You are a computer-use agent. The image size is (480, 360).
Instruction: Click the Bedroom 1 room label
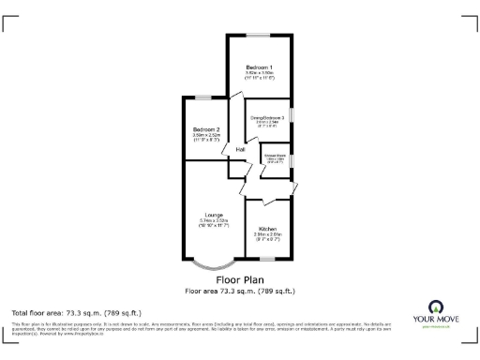pos(259,68)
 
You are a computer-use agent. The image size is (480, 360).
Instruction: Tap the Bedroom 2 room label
pos(206,128)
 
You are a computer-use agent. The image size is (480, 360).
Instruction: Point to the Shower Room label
pos(275,155)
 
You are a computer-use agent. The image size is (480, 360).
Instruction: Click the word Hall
pos(240,149)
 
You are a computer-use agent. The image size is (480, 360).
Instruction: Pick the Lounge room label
pos(214,215)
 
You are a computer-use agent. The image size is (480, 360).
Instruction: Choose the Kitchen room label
pos(266,228)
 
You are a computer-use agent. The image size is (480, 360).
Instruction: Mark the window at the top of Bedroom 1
pos(259,36)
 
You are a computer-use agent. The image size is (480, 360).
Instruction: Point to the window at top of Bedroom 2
pos(203,97)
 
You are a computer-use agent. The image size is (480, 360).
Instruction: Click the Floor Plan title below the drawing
pos(240,279)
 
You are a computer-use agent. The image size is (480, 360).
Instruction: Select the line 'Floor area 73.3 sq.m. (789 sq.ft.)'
pos(240,290)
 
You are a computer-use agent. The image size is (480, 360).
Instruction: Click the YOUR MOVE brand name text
pos(435,320)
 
